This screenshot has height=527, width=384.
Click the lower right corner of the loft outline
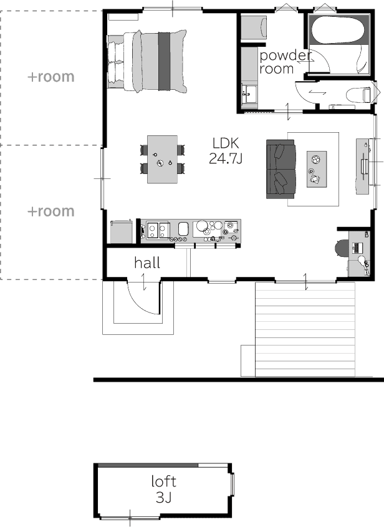point(232,517)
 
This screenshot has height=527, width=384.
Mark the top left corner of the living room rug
point(287,132)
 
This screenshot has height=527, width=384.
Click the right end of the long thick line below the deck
point(383,380)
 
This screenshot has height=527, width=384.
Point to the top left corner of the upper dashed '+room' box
point(1,11)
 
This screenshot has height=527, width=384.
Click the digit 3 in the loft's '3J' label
point(160,498)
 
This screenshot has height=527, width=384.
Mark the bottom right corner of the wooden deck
point(355,377)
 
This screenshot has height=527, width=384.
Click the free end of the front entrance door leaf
point(158,314)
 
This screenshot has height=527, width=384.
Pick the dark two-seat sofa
point(281,169)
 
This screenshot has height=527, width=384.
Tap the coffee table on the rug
point(317,169)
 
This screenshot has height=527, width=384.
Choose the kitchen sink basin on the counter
point(183,228)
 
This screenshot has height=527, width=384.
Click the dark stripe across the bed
point(165,62)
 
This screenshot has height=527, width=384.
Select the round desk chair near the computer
point(342,248)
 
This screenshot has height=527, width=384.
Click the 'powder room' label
point(286,62)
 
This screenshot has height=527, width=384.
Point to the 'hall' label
point(147,263)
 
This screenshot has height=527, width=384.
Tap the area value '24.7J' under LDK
point(226,158)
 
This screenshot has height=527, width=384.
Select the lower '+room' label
point(50,211)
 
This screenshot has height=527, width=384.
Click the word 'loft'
point(163,481)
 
